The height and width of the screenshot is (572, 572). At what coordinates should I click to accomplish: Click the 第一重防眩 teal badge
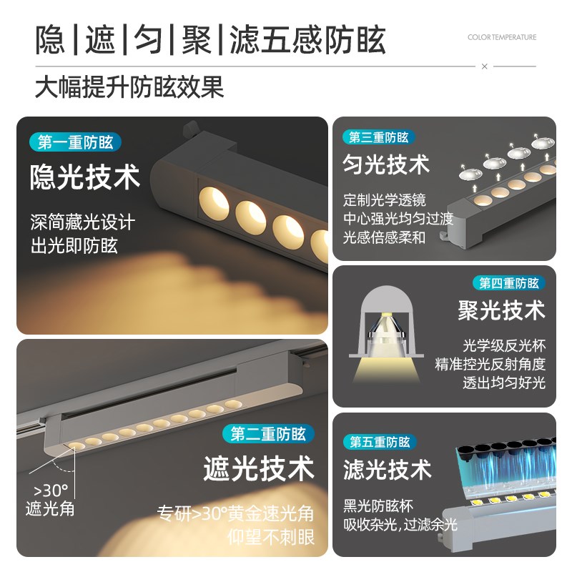click(75, 142)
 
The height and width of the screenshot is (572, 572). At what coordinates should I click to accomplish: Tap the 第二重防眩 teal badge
click(268, 433)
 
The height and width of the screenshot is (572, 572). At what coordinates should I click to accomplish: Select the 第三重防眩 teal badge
click(378, 137)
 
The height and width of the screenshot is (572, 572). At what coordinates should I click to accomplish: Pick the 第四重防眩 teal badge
click(508, 283)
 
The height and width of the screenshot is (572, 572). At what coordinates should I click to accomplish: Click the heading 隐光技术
click(84, 178)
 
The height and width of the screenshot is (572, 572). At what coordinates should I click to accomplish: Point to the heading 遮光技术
click(258, 469)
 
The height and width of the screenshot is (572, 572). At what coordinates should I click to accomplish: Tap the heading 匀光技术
click(386, 165)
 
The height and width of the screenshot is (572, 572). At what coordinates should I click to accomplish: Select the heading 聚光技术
click(501, 311)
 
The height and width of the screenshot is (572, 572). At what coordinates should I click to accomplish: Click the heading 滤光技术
click(387, 470)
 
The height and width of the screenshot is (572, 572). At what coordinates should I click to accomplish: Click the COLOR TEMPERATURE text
click(502, 37)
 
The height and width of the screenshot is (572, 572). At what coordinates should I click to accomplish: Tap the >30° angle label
click(50, 491)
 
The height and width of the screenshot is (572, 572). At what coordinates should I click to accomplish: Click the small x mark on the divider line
click(484, 66)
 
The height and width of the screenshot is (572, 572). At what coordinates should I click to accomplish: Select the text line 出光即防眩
click(74, 247)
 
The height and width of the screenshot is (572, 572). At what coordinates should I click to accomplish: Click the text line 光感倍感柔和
click(384, 237)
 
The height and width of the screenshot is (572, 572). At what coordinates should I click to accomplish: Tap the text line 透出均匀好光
click(503, 383)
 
